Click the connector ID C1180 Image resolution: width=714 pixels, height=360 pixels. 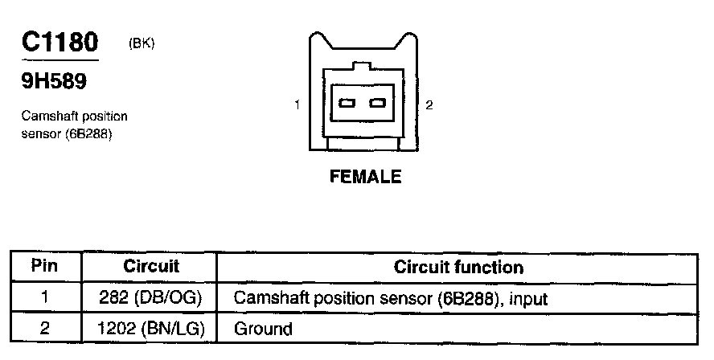click(x=59, y=42)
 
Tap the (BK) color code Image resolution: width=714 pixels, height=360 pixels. click(x=142, y=43)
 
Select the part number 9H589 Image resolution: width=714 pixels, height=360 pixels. click(x=54, y=82)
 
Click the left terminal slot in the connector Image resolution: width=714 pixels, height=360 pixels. click(x=347, y=104)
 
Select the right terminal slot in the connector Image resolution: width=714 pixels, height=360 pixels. click(x=377, y=104)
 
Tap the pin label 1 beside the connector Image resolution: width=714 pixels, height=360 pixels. click(x=297, y=105)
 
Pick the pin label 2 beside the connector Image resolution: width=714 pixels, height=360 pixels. click(x=429, y=105)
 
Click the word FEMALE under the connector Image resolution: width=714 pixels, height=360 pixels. click(x=365, y=177)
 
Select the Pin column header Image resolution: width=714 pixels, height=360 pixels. click(x=45, y=266)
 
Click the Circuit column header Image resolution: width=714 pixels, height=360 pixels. click(x=150, y=267)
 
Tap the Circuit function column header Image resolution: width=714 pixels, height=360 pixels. click(x=458, y=267)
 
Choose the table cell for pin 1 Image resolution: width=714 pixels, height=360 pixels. click(x=45, y=297)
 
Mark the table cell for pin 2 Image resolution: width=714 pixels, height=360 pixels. click(x=45, y=328)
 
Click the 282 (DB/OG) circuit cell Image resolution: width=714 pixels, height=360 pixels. click(x=150, y=297)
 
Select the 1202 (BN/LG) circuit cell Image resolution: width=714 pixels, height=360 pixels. click(x=150, y=328)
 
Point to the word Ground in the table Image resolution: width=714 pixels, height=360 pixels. click(x=263, y=329)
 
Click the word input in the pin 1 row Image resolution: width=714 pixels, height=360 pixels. click(x=528, y=300)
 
